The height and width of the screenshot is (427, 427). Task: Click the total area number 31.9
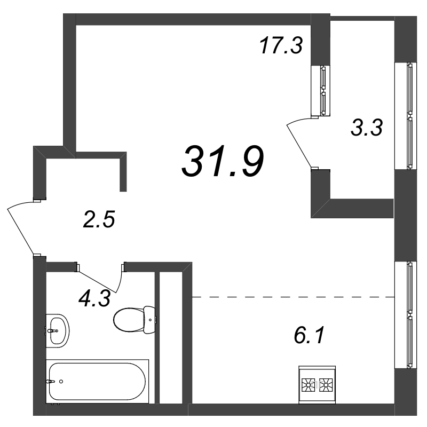pos(223,161)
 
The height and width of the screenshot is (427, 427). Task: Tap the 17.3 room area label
pos(281,45)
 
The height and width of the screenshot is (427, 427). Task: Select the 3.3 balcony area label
pos(367,128)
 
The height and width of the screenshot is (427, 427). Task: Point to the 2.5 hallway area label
pos(99,219)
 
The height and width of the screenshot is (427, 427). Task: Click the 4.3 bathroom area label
pos(94,298)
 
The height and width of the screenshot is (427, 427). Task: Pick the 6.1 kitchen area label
pos(310,336)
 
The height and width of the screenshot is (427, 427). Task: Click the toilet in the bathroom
pos(135,320)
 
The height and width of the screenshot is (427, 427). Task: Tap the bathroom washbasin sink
pos(58,330)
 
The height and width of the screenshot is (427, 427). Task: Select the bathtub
pos(97,381)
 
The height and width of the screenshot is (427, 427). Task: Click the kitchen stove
pos(317,384)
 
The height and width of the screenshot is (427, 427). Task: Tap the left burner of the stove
pos(309,385)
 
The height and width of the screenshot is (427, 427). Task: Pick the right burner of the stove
pos(326,385)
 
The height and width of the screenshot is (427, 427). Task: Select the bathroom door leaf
pos(97,282)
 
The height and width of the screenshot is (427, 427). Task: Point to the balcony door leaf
pos(299,146)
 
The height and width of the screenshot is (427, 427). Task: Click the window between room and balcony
pos(321,90)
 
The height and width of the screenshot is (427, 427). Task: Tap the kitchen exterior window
pos(406,315)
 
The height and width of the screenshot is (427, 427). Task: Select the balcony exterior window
pos(406,116)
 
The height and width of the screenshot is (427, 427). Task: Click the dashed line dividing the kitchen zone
pos(294,297)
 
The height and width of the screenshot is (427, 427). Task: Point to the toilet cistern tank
pos(149,320)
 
